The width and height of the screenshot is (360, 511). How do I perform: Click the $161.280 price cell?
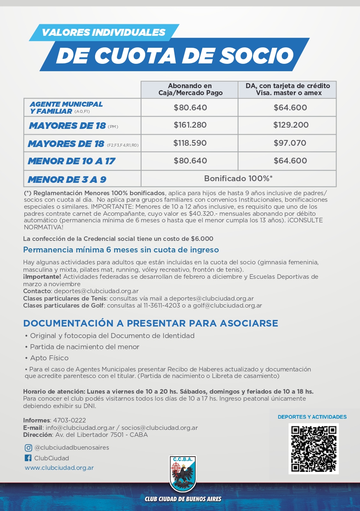(x=190, y=125)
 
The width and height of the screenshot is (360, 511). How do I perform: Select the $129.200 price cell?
(x=290, y=125)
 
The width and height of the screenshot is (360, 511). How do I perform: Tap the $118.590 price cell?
(x=190, y=143)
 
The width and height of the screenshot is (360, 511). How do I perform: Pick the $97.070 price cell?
(x=290, y=143)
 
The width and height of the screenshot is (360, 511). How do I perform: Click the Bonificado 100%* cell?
(x=238, y=179)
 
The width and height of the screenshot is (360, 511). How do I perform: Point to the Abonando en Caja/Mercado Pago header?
(x=190, y=89)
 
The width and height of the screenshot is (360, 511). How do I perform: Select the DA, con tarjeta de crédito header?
(x=288, y=89)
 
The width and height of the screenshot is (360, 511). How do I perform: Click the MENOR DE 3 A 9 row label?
(x=67, y=180)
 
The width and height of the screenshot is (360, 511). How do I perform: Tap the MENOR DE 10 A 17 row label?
(x=71, y=161)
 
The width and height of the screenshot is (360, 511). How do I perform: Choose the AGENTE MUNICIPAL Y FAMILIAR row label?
(x=66, y=107)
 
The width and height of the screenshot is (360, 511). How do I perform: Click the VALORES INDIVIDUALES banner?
(x=103, y=32)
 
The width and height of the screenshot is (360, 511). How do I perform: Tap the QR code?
(x=314, y=448)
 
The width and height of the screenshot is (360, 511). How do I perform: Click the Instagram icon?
(x=28, y=448)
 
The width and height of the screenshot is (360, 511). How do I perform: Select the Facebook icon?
(x=28, y=458)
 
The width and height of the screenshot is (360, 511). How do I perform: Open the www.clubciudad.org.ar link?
(x=59, y=468)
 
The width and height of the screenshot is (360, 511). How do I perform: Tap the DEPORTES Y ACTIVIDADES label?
(x=312, y=417)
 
